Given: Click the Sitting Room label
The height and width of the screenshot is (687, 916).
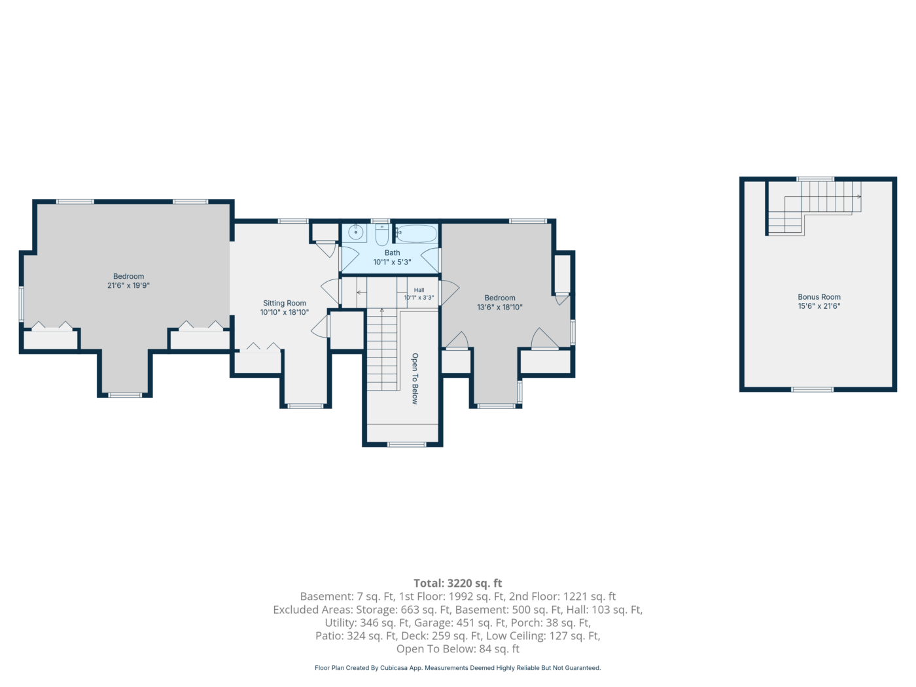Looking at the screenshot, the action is tap(284, 303).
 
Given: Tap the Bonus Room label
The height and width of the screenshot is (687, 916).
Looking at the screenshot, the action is tap(819, 297).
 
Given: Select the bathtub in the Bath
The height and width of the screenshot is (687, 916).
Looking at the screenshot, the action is tap(416, 234).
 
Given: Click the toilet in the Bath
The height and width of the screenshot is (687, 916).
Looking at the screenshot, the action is tap(382, 234).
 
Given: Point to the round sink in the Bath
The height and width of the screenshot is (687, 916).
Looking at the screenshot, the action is tap(355, 233).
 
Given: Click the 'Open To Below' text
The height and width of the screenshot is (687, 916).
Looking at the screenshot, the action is tap(415, 379).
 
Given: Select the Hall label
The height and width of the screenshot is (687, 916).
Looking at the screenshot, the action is tap(419, 290).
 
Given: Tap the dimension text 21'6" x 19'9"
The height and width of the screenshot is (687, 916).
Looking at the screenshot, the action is tap(128, 286).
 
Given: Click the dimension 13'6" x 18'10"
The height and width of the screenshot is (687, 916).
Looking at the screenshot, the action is tap(499, 308).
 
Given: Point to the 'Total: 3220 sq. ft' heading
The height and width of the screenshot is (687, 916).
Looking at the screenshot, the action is tap(458, 583).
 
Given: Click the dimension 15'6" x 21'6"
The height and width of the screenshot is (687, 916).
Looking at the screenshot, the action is tap(819, 306).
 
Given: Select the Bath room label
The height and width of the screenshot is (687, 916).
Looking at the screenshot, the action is tap(393, 253).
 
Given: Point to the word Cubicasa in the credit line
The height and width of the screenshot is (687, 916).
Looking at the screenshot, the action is tap(393, 668).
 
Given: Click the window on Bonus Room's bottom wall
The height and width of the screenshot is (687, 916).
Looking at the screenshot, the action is tap(812, 389).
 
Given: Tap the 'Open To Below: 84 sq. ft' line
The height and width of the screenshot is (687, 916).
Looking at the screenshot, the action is tap(458, 649).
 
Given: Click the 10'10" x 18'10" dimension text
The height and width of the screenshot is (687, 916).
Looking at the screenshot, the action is tap(284, 313).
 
